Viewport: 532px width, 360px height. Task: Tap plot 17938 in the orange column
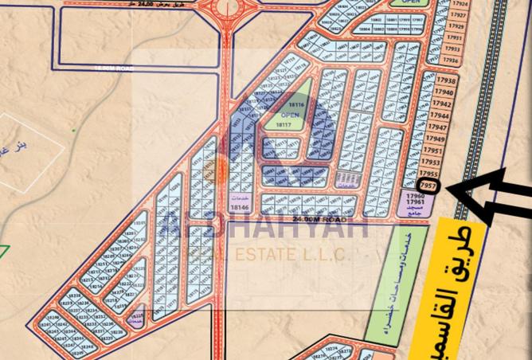click(446, 81)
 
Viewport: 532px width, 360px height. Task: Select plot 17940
click(444, 92)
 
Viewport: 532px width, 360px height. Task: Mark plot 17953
click(432, 162)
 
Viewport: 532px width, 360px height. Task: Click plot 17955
click(428, 174)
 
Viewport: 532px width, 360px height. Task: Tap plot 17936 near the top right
click(451, 60)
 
